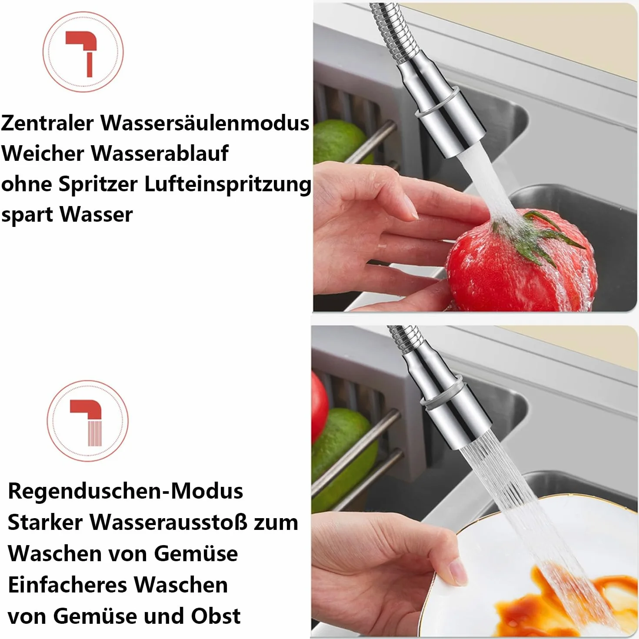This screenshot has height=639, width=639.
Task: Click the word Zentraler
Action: point(47,123)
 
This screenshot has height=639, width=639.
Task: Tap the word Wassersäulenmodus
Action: point(205,123)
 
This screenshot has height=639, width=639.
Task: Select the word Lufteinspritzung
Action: point(228,185)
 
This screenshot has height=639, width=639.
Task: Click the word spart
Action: point(27,215)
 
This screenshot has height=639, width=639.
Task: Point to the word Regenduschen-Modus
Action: point(125,491)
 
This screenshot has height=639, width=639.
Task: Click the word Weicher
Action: point(43,153)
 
